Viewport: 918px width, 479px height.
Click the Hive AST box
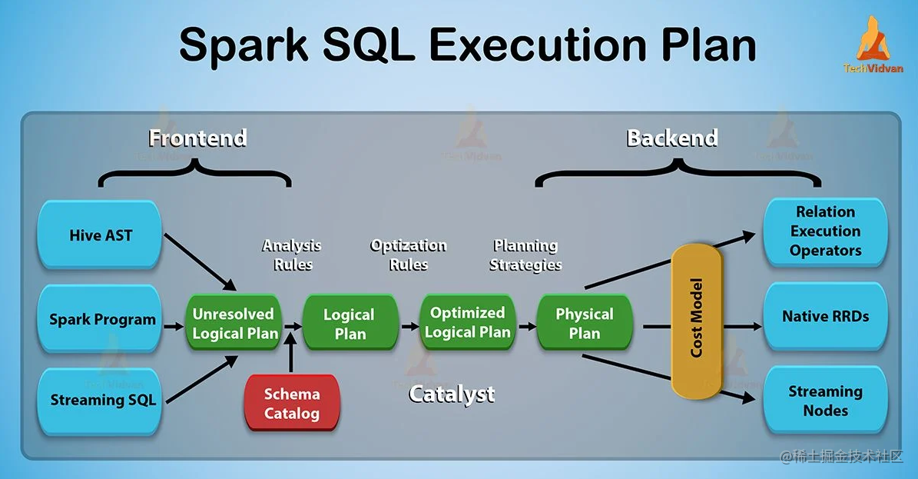tap(100, 235)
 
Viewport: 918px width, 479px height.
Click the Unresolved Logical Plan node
tap(233, 324)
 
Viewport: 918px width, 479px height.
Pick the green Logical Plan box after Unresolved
tap(350, 324)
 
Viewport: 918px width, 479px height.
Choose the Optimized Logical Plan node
tap(467, 323)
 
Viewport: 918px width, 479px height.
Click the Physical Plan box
tap(584, 324)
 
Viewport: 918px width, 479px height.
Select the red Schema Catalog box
tap(291, 403)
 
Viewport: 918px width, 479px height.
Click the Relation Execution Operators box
tap(825, 231)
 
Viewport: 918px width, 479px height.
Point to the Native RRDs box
tap(825, 316)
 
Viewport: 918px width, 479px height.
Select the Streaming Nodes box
tap(825, 401)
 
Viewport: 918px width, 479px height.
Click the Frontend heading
tap(197, 138)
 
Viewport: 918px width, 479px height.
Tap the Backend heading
tap(672, 138)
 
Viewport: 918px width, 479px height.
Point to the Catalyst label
tap(452, 394)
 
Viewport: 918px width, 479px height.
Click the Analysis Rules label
tap(292, 254)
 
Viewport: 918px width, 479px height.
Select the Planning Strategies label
tap(526, 254)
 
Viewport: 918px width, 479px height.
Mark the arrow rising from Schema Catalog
tap(291, 355)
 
